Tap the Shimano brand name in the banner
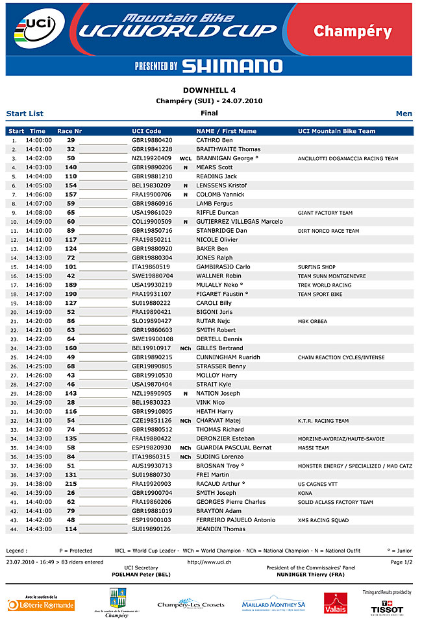[232, 66]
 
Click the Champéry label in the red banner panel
[353, 31]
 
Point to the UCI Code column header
[146, 131]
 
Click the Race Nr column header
[69, 131]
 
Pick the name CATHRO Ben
[214, 140]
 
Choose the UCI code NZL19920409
[152, 158]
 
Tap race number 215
[70, 484]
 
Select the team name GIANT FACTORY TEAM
[325, 213]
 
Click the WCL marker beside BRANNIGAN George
[185, 158]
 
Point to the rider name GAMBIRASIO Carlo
[223, 267]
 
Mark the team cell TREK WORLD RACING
[324, 285]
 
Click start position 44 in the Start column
[14, 529]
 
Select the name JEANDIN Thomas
[220, 529]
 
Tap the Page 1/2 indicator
[401, 562]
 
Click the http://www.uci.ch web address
[209, 562]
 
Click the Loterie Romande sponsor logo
[41, 604]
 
